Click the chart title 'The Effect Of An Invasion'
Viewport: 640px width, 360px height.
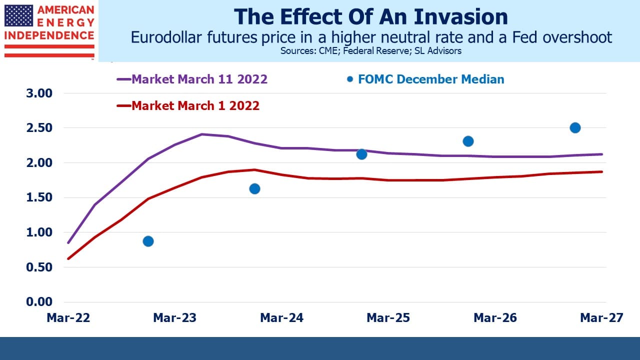(371, 17)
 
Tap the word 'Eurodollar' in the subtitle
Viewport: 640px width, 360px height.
(166, 37)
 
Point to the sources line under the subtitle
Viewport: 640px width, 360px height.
(371, 51)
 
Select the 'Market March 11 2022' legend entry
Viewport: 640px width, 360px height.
(192, 79)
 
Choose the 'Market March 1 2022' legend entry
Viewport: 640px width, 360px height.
(188, 105)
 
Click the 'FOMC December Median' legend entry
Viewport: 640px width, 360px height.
(425, 79)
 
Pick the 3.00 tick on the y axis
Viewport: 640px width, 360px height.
(39, 93)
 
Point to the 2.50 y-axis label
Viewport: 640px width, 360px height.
(39, 127)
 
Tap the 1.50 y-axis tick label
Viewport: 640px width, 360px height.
(39, 197)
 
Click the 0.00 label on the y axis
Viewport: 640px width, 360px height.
(39, 301)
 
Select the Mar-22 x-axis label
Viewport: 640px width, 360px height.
(68, 317)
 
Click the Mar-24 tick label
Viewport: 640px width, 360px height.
(281, 317)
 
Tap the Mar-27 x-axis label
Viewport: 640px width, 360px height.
(601, 317)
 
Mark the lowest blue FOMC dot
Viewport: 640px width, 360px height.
(148, 241)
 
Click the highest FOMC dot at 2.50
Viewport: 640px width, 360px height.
(575, 127)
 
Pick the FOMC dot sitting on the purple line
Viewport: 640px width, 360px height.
(361, 154)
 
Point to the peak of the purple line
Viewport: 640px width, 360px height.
(201, 134)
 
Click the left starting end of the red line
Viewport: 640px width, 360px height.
(68, 259)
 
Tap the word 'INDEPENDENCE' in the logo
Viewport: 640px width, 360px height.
(49, 35)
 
